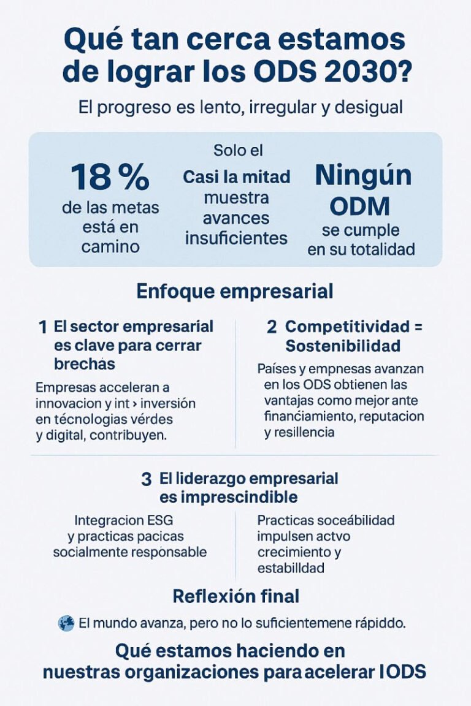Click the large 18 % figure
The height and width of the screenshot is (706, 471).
tap(110, 177)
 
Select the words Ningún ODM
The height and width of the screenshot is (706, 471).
tap(363, 190)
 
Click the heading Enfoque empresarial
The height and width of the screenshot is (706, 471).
tap(235, 290)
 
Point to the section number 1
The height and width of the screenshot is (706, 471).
tap(42, 327)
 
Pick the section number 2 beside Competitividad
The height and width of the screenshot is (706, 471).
tap(272, 327)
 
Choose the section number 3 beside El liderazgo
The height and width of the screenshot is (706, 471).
tap(146, 479)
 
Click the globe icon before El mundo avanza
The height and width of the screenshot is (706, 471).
tap(66, 624)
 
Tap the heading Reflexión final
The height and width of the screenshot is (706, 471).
tap(236, 595)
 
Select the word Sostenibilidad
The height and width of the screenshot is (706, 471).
tap(343, 346)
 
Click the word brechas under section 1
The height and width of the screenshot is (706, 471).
tap(85, 363)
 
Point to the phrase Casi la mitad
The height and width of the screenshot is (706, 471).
tap(236, 177)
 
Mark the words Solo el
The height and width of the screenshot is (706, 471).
tap(238, 150)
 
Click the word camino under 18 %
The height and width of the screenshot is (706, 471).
tap(110, 246)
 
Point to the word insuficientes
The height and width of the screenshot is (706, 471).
tap(236, 238)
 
